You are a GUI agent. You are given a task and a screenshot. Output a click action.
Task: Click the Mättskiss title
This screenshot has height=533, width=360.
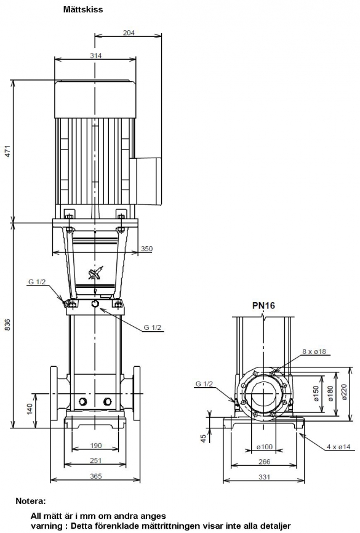click(x=83, y=9)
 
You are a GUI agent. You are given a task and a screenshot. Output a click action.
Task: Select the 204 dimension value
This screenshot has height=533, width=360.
click(x=129, y=33)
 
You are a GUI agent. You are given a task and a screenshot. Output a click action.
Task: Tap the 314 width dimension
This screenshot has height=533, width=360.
click(x=95, y=55)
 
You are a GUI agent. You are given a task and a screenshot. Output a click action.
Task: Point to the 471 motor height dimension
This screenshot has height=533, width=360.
click(x=7, y=151)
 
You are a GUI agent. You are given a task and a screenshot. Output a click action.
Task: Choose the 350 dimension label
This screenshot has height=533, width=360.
click(x=146, y=249)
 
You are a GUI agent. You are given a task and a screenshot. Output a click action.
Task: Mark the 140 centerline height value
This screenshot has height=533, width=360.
click(x=30, y=409)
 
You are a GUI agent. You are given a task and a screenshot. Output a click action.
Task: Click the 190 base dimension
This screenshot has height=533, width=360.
click(x=95, y=446)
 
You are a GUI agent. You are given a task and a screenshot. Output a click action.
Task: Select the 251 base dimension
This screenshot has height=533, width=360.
click(x=95, y=460)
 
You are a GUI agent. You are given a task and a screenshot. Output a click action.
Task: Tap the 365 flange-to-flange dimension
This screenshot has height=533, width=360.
click(x=95, y=476)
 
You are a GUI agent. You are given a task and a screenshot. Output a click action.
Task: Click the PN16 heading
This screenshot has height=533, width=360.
click(x=263, y=306)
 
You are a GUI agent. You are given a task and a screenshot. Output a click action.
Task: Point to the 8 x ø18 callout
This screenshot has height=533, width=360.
click(x=314, y=351)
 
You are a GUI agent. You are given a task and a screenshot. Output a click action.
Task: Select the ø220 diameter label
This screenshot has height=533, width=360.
click(x=343, y=392)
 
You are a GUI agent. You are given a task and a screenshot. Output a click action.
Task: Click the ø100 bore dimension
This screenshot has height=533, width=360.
click(x=265, y=447)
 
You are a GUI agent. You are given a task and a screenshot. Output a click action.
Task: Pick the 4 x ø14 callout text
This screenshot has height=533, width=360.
click(x=338, y=447)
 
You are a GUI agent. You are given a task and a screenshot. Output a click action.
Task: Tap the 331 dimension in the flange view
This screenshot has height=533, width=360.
click(x=264, y=477)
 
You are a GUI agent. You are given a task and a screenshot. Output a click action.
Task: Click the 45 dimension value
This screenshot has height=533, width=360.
click(x=203, y=438)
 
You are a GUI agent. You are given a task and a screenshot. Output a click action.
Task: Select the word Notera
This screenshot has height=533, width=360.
click(x=31, y=501)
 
